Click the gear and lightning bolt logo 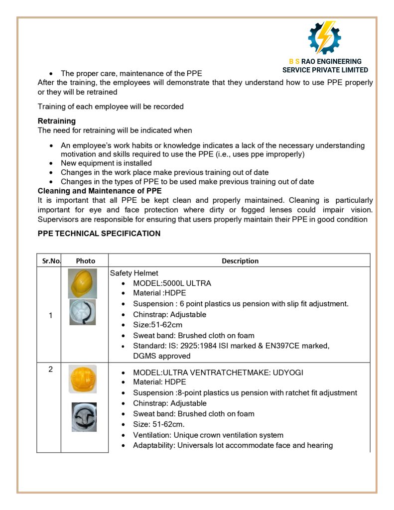coord(324,38)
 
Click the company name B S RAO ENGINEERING coord(325,61)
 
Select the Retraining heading coord(57,121)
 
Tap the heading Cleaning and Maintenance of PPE coord(100,191)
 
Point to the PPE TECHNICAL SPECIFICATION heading coord(99,234)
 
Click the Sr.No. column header coord(48,261)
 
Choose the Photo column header coord(85,261)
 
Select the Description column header coord(240,261)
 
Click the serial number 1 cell coord(50,315)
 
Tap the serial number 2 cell coord(50,370)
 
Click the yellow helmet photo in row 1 coord(82,283)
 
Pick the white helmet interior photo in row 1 coord(82,313)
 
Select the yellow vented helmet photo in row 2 coord(83,379)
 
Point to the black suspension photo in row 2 coord(84,417)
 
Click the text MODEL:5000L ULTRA coord(172,283)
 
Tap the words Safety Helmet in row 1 coord(134,273)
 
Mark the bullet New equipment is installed coord(106,163)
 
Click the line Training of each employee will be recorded coord(111,107)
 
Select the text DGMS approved coord(161,356)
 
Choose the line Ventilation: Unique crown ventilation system coord(208,435)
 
